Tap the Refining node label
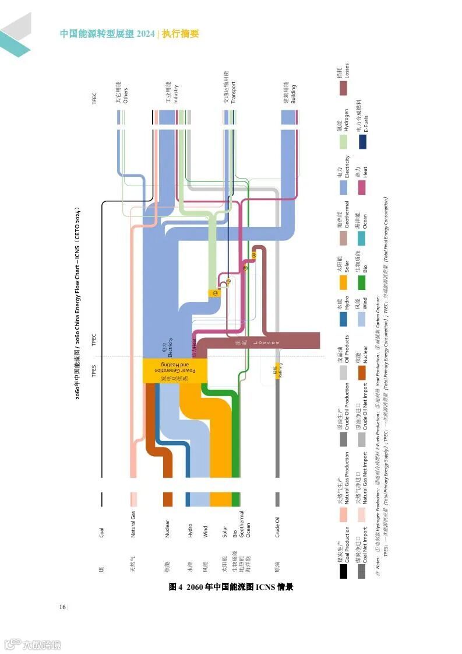277,371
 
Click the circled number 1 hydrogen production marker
214,293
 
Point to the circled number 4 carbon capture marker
254,255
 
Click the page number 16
62,607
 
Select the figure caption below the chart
231,586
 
